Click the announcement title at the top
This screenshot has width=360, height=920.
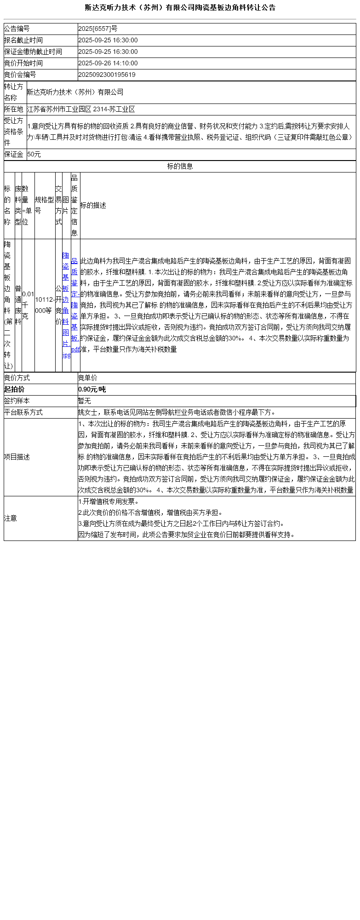(180, 8)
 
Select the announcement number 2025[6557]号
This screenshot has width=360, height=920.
(97, 29)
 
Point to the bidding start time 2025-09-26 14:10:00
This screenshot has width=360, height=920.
(108, 63)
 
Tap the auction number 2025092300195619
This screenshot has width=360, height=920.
(107, 75)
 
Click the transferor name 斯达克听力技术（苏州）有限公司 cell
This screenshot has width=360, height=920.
(75, 92)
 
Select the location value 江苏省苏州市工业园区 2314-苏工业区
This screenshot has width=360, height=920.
(81, 109)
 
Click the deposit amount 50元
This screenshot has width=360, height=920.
(34, 155)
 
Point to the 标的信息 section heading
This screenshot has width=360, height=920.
(180, 167)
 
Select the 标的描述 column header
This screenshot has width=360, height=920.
(93, 206)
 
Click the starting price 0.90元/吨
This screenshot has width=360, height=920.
(92, 390)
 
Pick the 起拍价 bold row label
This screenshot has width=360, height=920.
(14, 390)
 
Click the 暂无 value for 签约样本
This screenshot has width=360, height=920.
(85, 401)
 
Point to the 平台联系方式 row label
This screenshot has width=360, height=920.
(23, 413)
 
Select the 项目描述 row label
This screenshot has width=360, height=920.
(17, 457)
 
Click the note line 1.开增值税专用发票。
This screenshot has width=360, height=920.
(109, 502)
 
